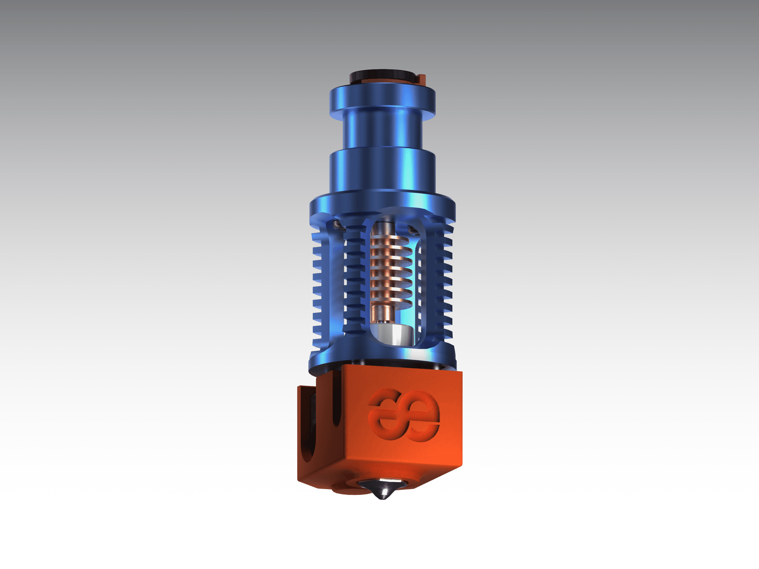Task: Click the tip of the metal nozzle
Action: click(x=381, y=498)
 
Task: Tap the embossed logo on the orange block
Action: click(x=404, y=415)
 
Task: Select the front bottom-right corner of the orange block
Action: click(x=461, y=465)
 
